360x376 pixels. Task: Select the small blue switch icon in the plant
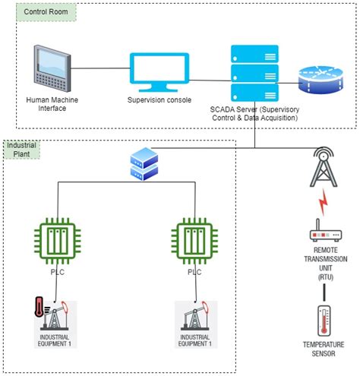tap(144, 164)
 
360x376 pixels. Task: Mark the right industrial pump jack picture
tap(196, 318)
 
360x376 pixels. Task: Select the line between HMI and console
tap(100, 69)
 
